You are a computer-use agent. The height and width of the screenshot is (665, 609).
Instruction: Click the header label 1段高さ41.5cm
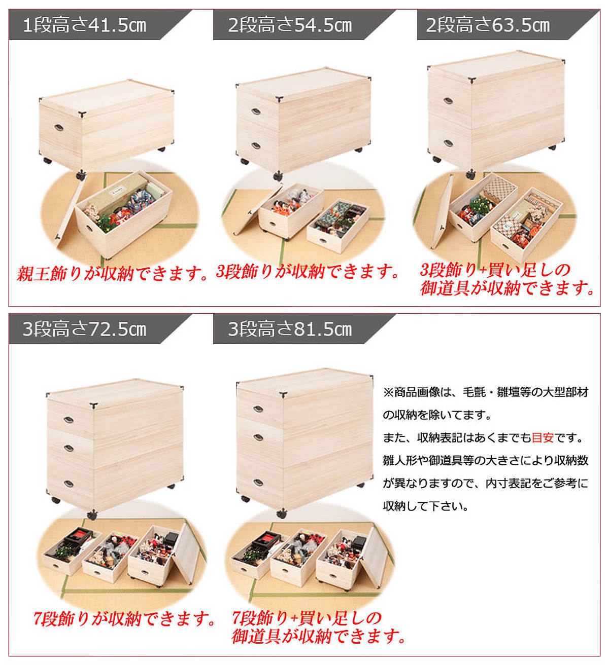(85, 25)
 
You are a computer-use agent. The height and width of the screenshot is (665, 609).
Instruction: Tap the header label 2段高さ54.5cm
(290, 25)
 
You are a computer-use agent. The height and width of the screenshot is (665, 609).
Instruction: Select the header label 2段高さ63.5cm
(488, 25)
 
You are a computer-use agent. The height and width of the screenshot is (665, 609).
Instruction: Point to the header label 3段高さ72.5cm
(85, 329)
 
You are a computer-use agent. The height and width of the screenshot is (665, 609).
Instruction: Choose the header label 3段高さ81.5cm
(290, 329)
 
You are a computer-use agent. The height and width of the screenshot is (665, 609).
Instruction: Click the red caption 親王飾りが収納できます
(112, 274)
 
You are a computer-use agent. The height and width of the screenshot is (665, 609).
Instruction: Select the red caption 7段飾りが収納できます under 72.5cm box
(124, 619)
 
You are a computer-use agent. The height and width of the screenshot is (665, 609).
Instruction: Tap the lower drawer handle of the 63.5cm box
(448, 144)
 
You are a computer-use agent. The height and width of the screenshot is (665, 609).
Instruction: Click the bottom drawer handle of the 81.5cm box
(258, 482)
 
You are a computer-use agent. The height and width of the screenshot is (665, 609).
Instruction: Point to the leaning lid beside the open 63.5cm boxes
(442, 212)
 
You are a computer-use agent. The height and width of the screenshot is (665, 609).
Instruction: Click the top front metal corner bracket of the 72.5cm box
(93, 404)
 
